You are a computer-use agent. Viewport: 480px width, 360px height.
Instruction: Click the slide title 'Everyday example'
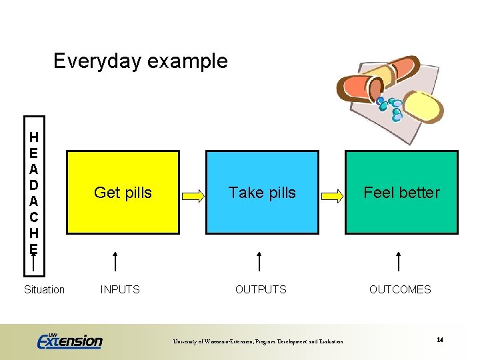[140, 61]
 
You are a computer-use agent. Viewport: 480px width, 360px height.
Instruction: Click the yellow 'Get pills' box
[123, 192]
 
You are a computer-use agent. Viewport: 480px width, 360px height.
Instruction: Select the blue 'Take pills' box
[261, 192]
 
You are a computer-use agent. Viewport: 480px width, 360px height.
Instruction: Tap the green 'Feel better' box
[401, 192]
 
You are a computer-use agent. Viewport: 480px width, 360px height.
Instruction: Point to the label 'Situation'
[44, 289]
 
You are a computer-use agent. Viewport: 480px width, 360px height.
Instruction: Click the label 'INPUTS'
[120, 289]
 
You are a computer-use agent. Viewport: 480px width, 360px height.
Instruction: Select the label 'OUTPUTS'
[261, 289]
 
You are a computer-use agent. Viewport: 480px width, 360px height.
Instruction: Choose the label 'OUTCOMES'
[400, 289]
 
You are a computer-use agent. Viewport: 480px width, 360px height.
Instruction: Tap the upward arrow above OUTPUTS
[259, 261]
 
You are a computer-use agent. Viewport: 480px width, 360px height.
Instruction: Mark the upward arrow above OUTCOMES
[399, 261]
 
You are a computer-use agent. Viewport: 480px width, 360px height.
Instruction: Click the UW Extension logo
[69, 341]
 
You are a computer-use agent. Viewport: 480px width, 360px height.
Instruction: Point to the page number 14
[440, 340]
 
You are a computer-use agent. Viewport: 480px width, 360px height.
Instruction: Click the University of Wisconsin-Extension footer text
[258, 342]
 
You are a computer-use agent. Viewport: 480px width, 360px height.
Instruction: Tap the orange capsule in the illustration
[373, 78]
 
